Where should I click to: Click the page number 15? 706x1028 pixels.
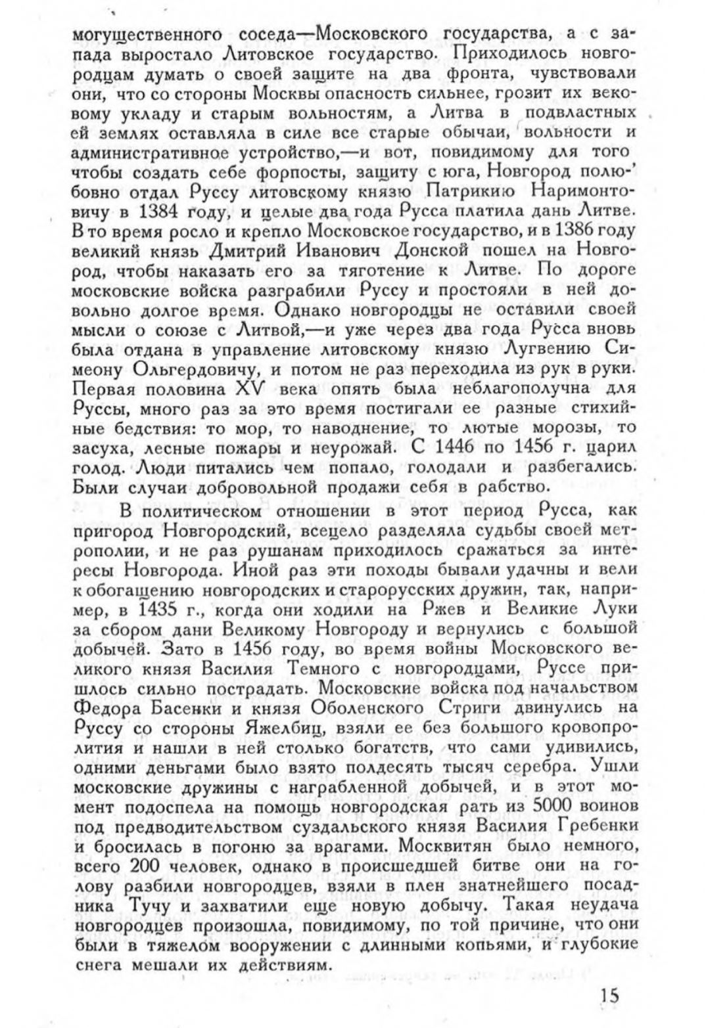point(609,994)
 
